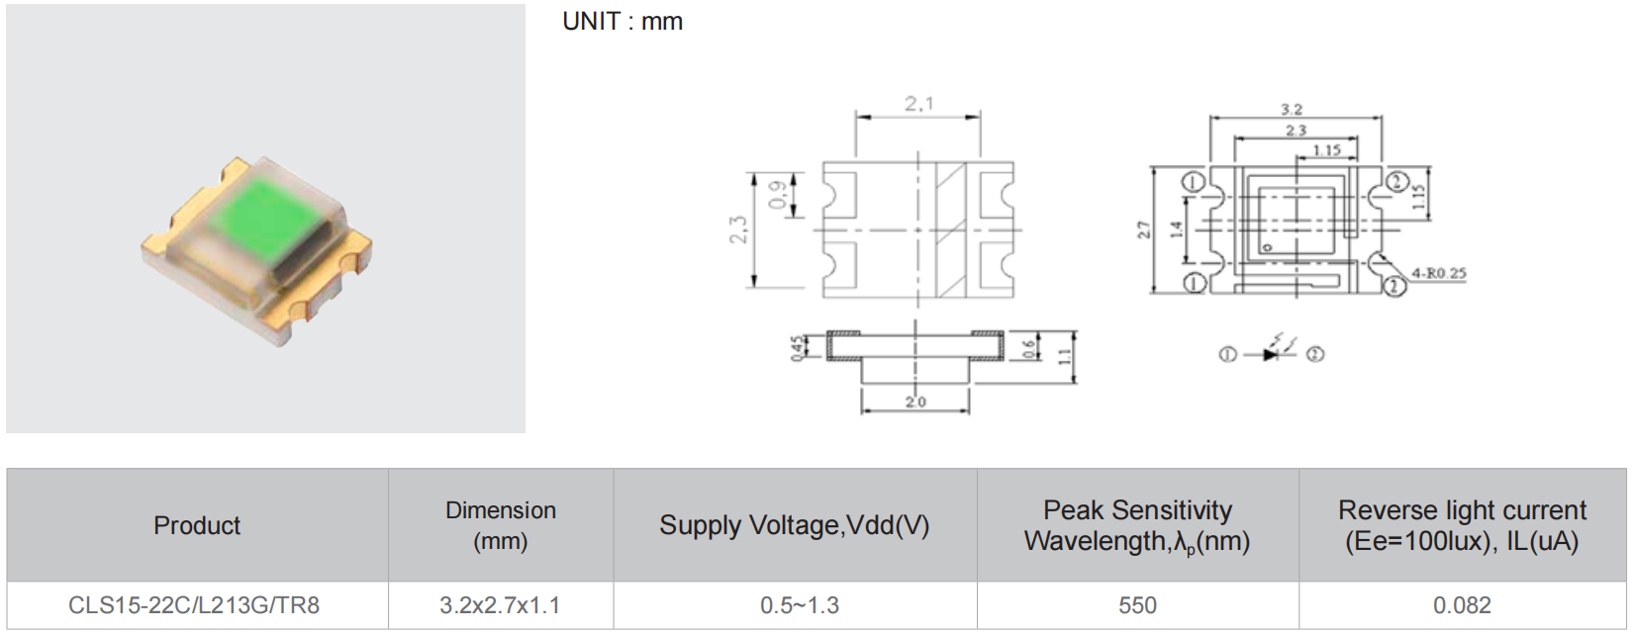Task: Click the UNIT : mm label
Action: [623, 22]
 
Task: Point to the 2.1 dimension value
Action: [918, 104]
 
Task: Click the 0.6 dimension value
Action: [1029, 348]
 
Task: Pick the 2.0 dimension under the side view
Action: [915, 402]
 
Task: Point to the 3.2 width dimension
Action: [1292, 110]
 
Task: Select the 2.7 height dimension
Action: [1144, 229]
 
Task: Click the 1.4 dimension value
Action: [1176, 229]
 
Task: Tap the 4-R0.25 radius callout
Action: [1438, 273]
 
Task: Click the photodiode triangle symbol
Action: [1272, 354]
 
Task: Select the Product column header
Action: [197, 525]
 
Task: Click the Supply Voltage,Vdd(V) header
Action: [795, 525]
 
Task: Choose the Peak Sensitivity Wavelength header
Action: [1137, 525]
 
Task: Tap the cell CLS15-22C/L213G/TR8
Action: [194, 605]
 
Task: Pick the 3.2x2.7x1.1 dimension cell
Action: [500, 605]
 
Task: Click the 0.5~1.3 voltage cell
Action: [800, 605]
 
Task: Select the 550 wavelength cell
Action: [1137, 605]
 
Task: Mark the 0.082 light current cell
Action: [1462, 605]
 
